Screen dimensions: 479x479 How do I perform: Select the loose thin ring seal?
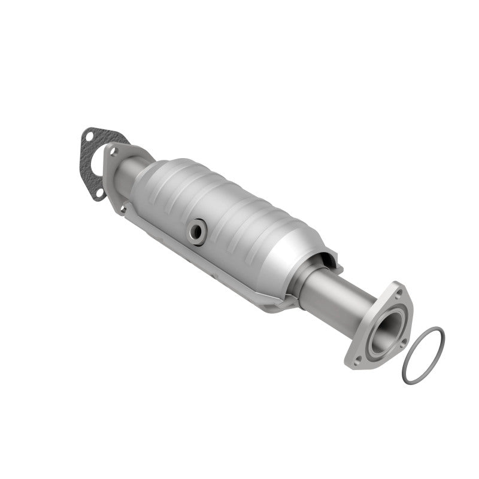(x=425, y=354)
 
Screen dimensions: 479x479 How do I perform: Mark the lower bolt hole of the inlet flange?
(x=122, y=209)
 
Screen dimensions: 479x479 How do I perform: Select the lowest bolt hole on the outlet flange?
(x=358, y=362)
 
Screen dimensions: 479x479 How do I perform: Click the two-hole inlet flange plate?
(x=115, y=180)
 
